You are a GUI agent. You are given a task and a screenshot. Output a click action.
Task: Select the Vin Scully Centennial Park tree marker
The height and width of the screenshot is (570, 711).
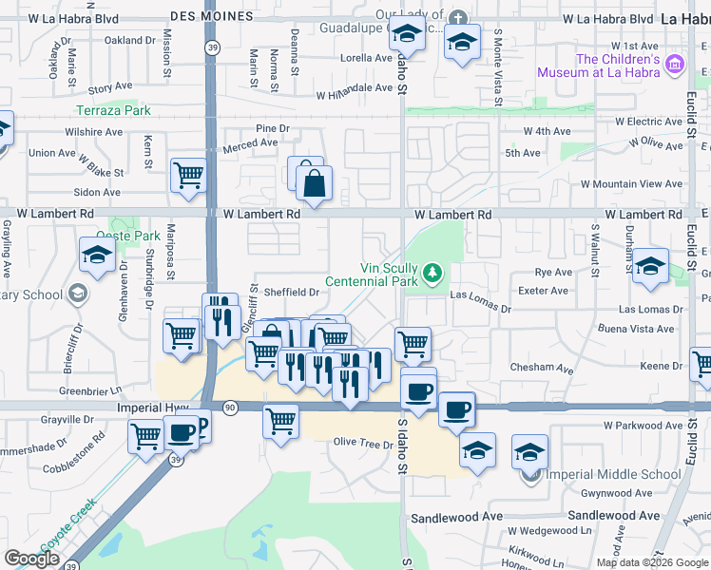pos(433,275)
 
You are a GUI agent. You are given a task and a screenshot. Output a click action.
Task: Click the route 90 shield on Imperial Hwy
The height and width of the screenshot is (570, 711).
pos(230,407)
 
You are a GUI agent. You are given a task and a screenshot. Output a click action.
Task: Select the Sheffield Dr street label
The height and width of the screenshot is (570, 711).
pos(291,293)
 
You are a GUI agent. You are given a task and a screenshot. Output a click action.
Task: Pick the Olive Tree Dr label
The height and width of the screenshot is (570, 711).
pos(362,444)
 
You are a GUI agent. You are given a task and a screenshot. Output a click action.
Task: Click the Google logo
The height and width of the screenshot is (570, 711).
pos(31,559)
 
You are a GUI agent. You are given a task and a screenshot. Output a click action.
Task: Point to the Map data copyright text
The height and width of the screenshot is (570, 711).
pos(652,562)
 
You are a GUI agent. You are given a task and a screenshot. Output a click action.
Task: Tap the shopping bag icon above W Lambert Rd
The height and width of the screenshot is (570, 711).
pos(314,183)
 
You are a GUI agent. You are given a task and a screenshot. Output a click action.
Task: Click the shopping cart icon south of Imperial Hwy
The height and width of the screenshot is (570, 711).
pos(280,421)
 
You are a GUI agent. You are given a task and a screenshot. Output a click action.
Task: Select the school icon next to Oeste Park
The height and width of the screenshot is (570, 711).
pos(96,256)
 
